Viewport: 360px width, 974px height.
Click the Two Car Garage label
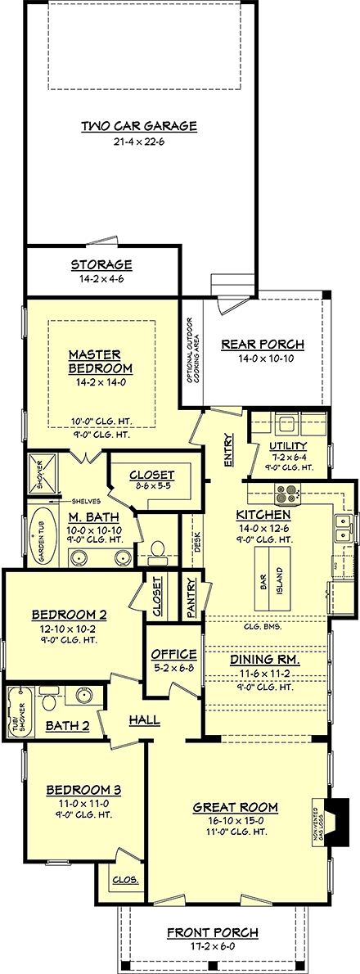click(x=138, y=126)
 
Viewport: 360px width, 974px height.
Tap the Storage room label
click(x=101, y=265)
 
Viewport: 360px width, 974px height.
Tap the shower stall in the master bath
click(x=40, y=471)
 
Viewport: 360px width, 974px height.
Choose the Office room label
click(x=173, y=654)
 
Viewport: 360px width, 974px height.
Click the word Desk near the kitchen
click(x=197, y=542)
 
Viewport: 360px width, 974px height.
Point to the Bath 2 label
click(x=61, y=724)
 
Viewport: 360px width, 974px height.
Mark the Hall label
click(x=144, y=720)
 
